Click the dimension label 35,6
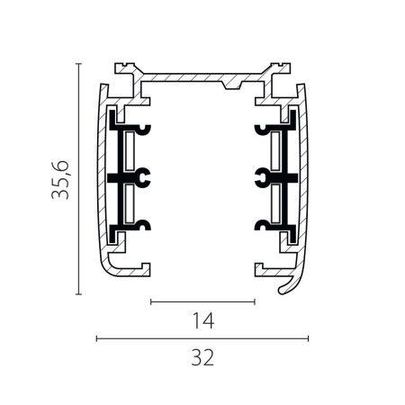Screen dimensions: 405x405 [60, 180]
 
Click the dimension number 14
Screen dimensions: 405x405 [203, 320]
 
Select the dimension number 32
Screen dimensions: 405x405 [202, 357]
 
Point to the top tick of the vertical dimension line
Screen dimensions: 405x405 [78, 64]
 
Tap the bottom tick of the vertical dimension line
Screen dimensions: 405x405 [78, 294]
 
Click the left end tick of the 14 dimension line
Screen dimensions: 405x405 [151, 301]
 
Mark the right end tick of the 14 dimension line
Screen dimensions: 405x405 [255, 301]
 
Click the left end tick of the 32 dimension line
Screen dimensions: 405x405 [96, 338]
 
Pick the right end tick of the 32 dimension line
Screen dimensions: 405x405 [308, 338]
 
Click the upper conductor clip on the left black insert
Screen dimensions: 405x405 [143, 130]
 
